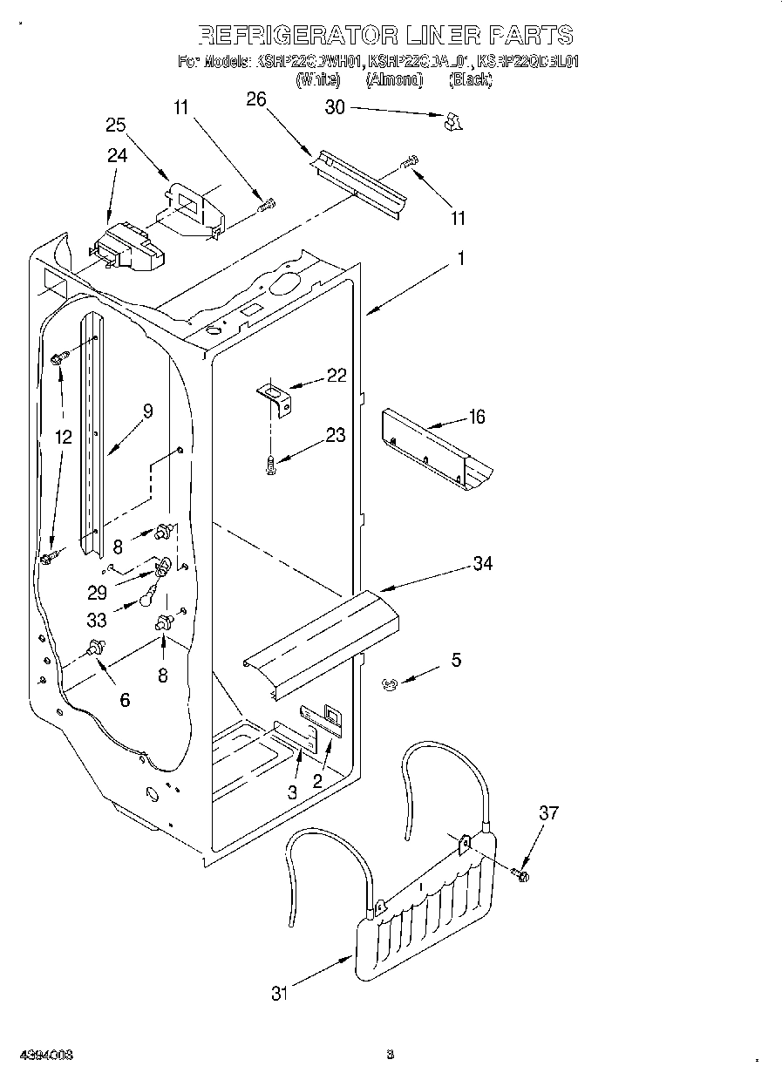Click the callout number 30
[x=335, y=107]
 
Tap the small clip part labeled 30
[x=452, y=123]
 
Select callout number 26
[x=255, y=98]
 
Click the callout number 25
[x=116, y=125]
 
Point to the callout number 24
[x=117, y=155]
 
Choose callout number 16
[x=476, y=417]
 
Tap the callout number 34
[x=482, y=564]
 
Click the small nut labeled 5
[x=390, y=686]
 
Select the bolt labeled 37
[x=520, y=873]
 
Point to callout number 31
[x=278, y=993]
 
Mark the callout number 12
[x=63, y=437]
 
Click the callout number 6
[x=125, y=699]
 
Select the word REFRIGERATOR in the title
[x=295, y=35]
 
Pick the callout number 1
[x=460, y=258]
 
